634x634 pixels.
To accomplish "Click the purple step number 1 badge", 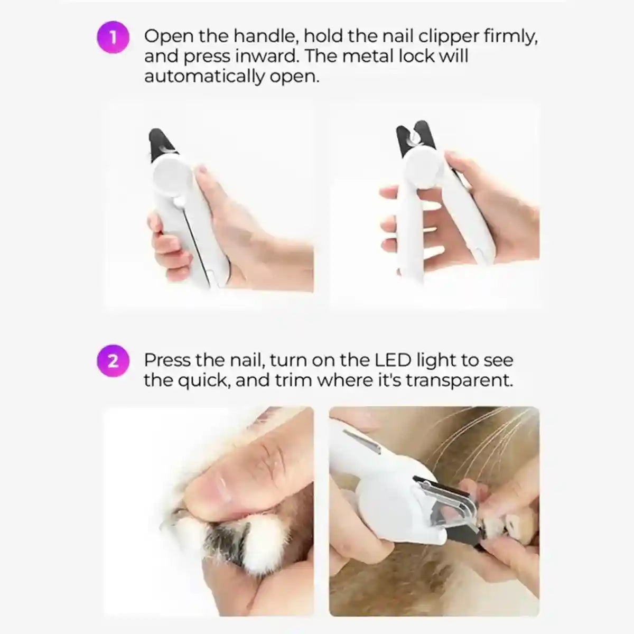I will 113,37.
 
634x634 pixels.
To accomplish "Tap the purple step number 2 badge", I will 113,361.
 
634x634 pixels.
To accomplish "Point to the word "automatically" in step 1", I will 204,77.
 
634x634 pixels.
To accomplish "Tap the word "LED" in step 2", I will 389,360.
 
